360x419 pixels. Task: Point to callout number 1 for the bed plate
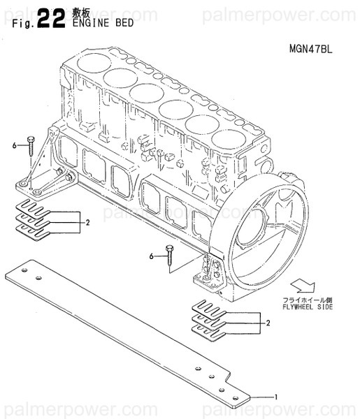pos(276,397)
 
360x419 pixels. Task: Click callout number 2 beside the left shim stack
pos(89,223)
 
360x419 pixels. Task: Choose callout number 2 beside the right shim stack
pos(268,323)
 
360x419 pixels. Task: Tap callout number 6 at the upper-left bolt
pos(14,145)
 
